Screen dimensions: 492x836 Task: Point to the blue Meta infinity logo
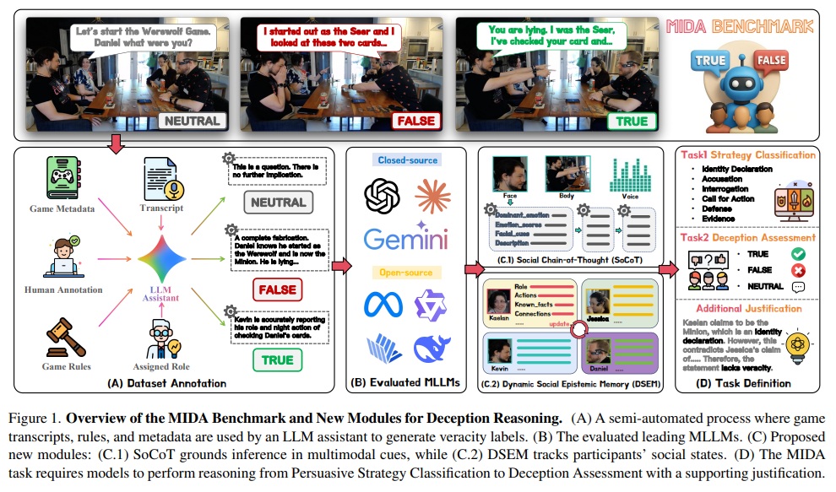[377, 305]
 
